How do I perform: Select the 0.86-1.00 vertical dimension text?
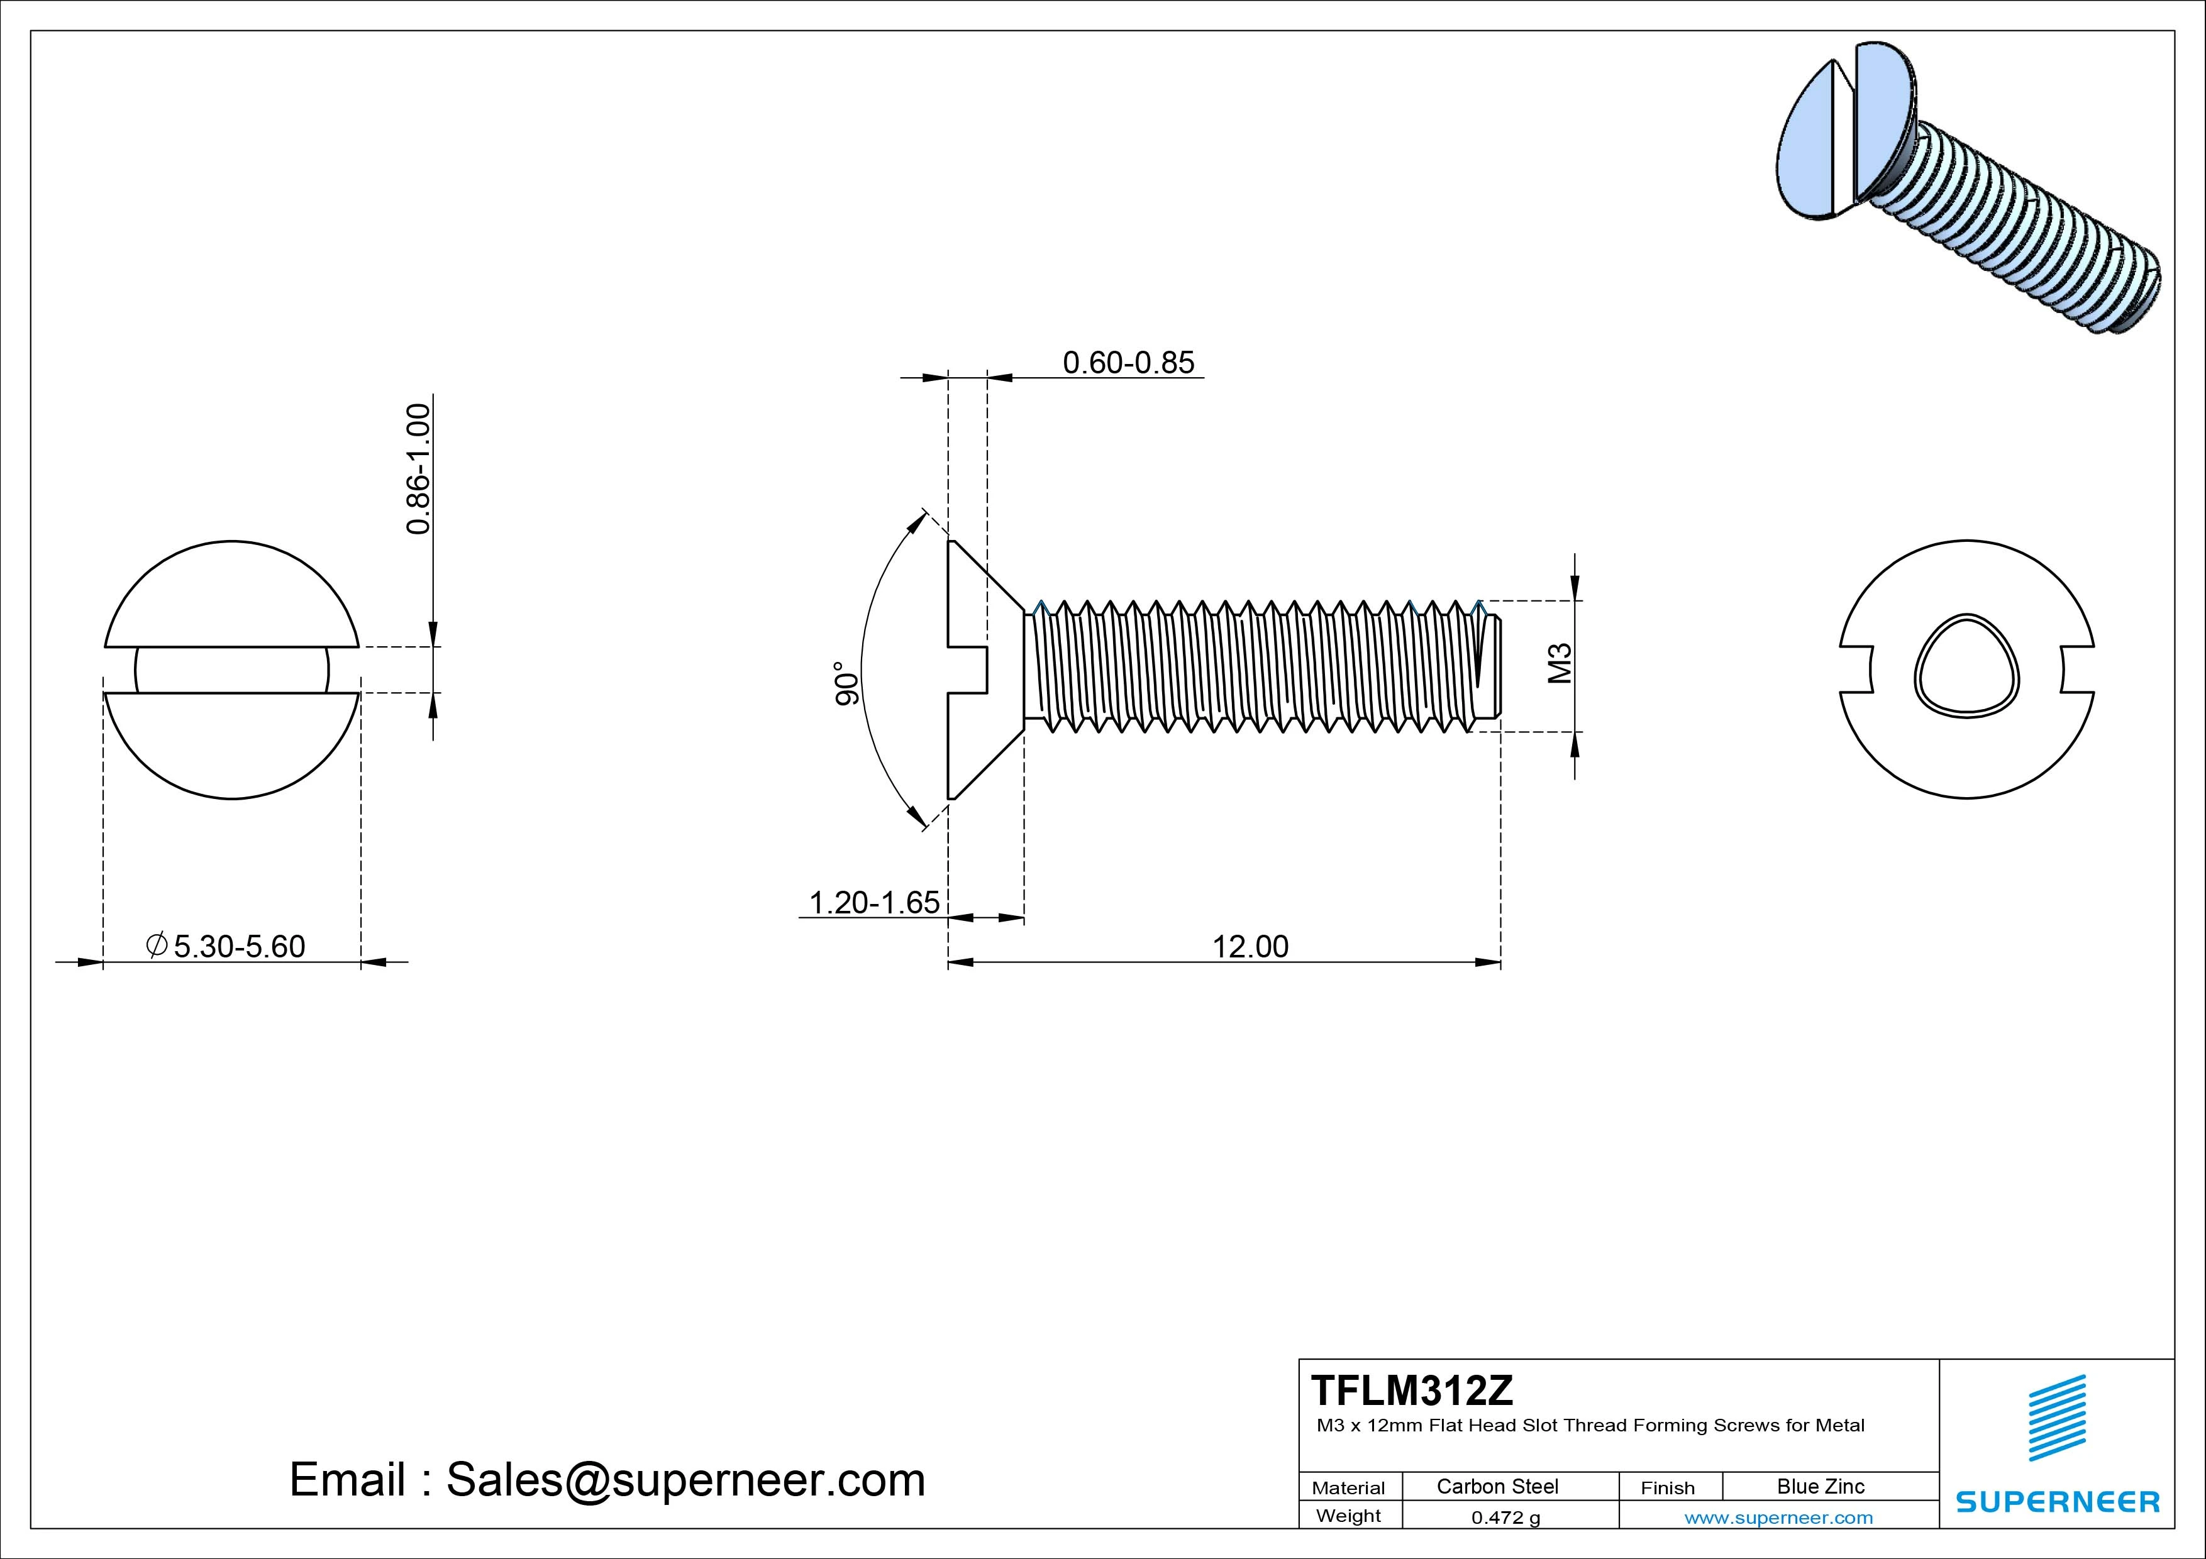pos(418,469)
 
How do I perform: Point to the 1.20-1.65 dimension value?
pos(874,902)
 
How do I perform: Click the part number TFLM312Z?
pos(1411,1390)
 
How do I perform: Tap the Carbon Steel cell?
pos(1497,1486)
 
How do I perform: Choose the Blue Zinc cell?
pos(1821,1486)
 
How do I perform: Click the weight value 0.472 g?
pos(1505,1518)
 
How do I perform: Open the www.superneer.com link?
pos(1778,1518)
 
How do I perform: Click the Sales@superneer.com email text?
pos(684,1480)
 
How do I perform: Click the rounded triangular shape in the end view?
pos(1967,664)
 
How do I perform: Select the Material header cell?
pos(1348,1488)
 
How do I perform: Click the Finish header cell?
pos(1667,1488)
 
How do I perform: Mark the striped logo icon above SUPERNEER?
pos(2056,1419)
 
